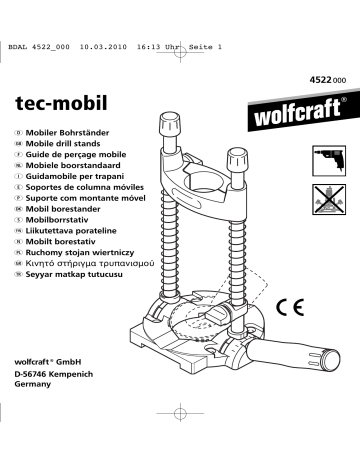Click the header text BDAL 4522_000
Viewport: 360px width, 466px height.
(x=36, y=19)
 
